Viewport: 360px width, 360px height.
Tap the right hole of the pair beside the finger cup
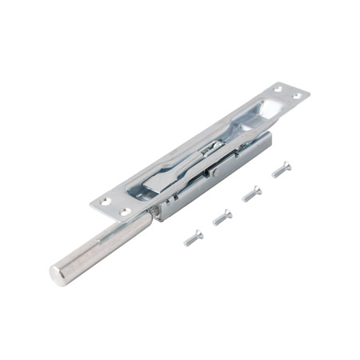point(296,97)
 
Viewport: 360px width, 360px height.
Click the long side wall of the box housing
point(216,176)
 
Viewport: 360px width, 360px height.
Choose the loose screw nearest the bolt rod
point(194,237)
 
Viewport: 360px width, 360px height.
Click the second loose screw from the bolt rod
point(222,216)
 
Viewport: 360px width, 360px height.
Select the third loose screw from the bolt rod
point(251,193)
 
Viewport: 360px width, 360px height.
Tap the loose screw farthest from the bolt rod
point(281,169)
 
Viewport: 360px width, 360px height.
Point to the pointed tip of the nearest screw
point(186,242)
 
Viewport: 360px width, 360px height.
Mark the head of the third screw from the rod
point(257,189)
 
